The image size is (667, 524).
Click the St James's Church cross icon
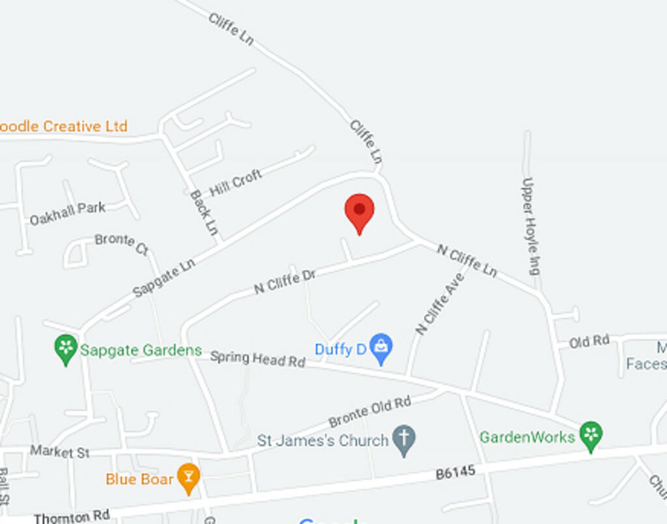tap(404, 440)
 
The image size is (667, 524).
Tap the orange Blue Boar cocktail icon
tap(189, 478)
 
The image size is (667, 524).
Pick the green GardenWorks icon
tap(591, 435)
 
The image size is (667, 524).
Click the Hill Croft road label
tap(236, 182)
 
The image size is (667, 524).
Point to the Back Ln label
tap(204, 212)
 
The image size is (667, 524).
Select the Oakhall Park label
tap(67, 214)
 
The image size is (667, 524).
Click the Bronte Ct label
tap(122, 244)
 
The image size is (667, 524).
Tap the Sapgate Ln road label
tap(163, 278)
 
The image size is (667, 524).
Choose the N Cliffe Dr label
tap(285, 282)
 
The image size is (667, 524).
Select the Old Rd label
tap(589, 341)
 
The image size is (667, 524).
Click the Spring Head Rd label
tap(257, 358)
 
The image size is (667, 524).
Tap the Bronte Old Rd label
tap(369, 411)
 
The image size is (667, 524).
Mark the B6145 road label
tap(455, 473)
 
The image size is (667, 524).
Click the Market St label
tap(60, 452)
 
